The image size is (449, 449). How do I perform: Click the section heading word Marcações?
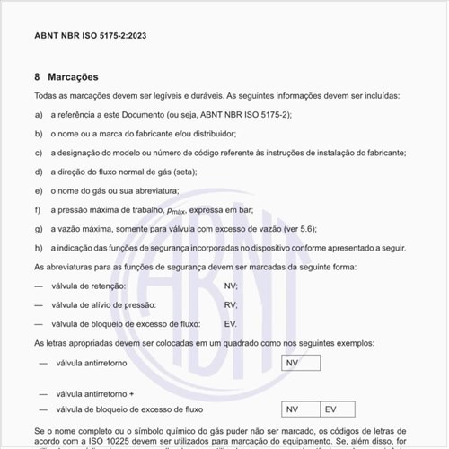tap(74, 76)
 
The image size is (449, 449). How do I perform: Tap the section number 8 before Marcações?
tap(37, 76)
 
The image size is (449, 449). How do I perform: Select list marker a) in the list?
tap(39, 115)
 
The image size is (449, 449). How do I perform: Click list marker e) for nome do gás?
tap(39, 190)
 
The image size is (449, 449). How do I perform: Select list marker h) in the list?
tap(39, 247)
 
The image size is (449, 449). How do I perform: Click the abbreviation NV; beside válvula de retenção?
tap(231, 286)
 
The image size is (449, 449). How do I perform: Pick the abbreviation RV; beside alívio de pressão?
tap(231, 304)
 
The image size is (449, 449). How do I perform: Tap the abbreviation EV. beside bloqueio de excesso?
tap(231, 323)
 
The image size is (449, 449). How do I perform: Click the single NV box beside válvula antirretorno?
tap(301, 364)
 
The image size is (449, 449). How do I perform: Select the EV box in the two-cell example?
tap(341, 409)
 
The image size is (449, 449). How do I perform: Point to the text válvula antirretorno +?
tap(94, 393)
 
